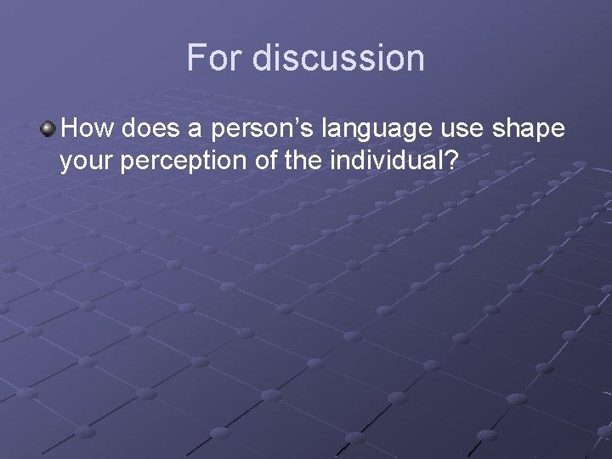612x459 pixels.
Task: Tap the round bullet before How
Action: pos(48,129)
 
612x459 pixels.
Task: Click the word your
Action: pos(88,161)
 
